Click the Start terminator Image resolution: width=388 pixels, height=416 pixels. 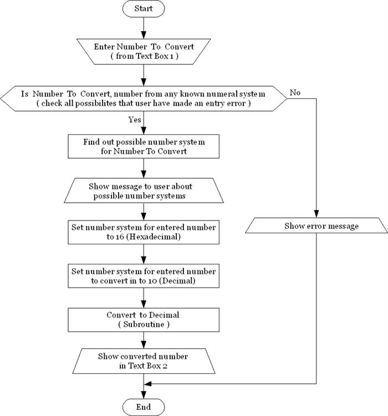[x=144, y=8]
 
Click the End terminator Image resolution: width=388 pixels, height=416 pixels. [x=144, y=407]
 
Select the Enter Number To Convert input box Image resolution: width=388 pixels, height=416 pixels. [x=144, y=52]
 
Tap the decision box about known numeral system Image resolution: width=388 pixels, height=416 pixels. [x=144, y=98]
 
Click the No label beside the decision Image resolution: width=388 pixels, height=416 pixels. [x=295, y=93]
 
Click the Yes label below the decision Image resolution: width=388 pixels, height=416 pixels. [x=135, y=119]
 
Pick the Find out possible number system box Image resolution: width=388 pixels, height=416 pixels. [x=144, y=147]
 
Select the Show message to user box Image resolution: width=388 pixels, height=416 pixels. [x=144, y=191]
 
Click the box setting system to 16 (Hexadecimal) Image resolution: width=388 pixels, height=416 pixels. [x=144, y=232]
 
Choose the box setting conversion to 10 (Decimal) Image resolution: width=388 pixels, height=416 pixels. [x=144, y=276]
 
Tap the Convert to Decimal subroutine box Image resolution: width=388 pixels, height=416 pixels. [x=144, y=320]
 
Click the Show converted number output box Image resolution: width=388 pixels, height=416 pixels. [x=144, y=361]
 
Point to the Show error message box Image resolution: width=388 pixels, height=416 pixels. [x=316, y=225]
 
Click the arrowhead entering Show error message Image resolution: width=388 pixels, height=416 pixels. [x=316, y=214]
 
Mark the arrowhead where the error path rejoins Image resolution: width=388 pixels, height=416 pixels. [x=147, y=384]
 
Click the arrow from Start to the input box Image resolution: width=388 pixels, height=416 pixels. [x=144, y=28]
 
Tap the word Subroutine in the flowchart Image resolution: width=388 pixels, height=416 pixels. [x=144, y=324]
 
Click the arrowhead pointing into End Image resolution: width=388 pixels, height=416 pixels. [x=144, y=395]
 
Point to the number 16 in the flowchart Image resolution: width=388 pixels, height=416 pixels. [x=119, y=237]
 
